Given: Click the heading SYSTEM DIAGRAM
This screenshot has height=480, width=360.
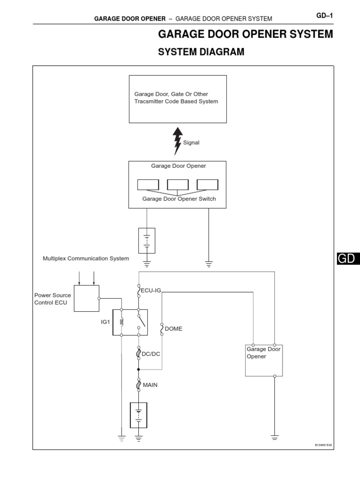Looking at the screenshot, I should (x=201, y=52).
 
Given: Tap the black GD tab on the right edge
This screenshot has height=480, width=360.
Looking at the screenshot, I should (x=347, y=259).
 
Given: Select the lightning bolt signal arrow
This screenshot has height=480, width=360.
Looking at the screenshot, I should (x=177, y=140).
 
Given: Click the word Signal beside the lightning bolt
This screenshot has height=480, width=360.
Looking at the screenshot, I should (x=191, y=143).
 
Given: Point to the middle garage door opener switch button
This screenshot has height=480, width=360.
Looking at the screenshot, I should (x=178, y=185).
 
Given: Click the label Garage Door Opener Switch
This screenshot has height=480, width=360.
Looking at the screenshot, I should (x=179, y=199).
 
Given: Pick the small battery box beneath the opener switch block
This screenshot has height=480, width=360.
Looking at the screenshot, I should (x=147, y=240).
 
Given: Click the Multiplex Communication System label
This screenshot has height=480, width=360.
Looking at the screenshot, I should (x=86, y=258).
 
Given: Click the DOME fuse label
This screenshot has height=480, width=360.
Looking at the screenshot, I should (x=174, y=329).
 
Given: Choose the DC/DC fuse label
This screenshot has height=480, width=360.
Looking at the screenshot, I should (x=151, y=354).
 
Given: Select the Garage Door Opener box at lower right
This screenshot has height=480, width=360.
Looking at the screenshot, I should (x=264, y=360).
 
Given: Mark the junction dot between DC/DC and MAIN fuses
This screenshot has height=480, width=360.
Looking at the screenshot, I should (x=139, y=369).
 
